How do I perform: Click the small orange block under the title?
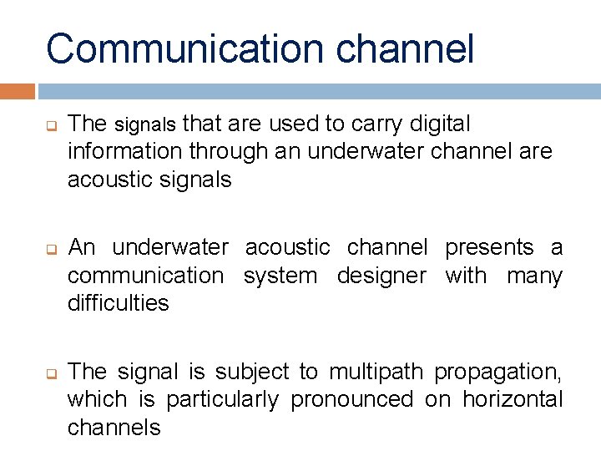[x=18, y=90]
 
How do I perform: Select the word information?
[x=125, y=152]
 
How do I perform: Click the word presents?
[x=489, y=247]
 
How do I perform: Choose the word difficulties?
[x=118, y=303]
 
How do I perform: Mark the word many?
[x=535, y=276]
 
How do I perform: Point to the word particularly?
[x=222, y=400]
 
